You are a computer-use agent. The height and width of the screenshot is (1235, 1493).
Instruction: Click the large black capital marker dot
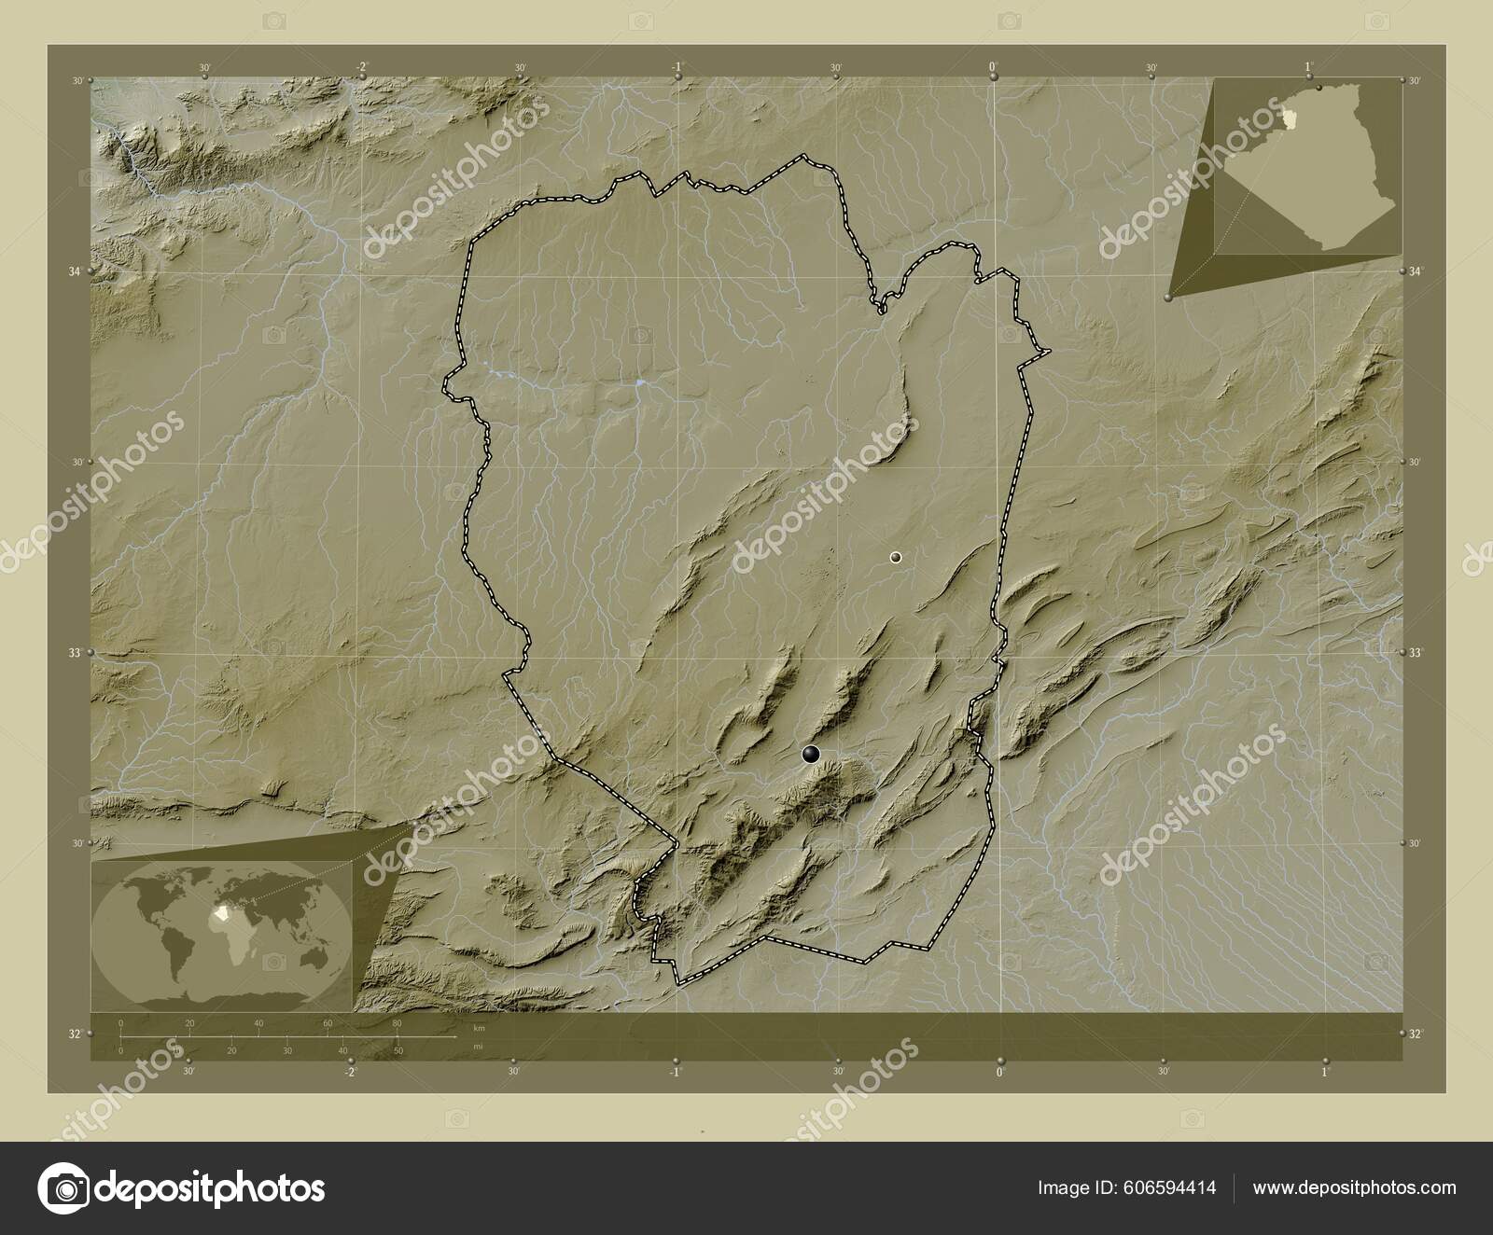click(x=811, y=755)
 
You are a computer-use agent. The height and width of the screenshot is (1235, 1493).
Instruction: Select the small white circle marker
click(x=896, y=557)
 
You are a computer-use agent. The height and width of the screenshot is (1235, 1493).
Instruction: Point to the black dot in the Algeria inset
click(x=1319, y=88)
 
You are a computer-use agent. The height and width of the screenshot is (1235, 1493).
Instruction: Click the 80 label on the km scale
click(x=397, y=1023)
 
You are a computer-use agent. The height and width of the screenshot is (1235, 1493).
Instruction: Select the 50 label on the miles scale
click(x=398, y=1050)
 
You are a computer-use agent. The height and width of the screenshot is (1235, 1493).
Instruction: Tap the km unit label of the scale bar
click(x=479, y=1027)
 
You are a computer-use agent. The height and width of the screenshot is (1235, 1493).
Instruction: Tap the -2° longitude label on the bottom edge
click(x=349, y=1072)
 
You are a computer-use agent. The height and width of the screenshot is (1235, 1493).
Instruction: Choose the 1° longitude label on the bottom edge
click(x=1325, y=1072)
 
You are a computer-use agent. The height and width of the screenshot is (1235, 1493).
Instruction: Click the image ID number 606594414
click(x=1173, y=1187)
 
